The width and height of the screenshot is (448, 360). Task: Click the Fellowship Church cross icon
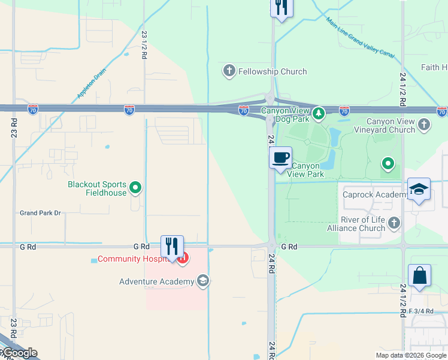pos(229,71)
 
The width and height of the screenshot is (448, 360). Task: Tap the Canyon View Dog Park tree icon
pos(319,112)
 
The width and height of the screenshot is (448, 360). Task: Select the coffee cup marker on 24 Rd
pos(280,159)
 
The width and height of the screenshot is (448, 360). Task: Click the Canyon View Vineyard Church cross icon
pos(424,125)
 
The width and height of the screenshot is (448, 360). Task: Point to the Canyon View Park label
pos(305,170)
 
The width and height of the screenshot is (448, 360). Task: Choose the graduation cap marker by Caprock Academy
pos(419,190)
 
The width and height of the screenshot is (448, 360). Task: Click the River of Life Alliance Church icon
pos(393,224)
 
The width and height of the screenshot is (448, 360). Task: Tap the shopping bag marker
pos(419,276)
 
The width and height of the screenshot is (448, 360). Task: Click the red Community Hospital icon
pos(183,259)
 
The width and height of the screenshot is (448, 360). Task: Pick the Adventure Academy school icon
pos(203,281)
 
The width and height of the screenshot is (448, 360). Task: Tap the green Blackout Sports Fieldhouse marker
pos(136,188)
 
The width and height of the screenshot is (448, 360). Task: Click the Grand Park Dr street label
pos(41,213)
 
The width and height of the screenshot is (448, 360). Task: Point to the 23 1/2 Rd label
pos(144,44)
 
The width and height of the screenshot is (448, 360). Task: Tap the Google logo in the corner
pos(19,353)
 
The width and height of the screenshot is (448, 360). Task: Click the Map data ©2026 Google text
pos(410,355)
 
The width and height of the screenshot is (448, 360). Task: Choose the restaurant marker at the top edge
pos(280,8)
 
